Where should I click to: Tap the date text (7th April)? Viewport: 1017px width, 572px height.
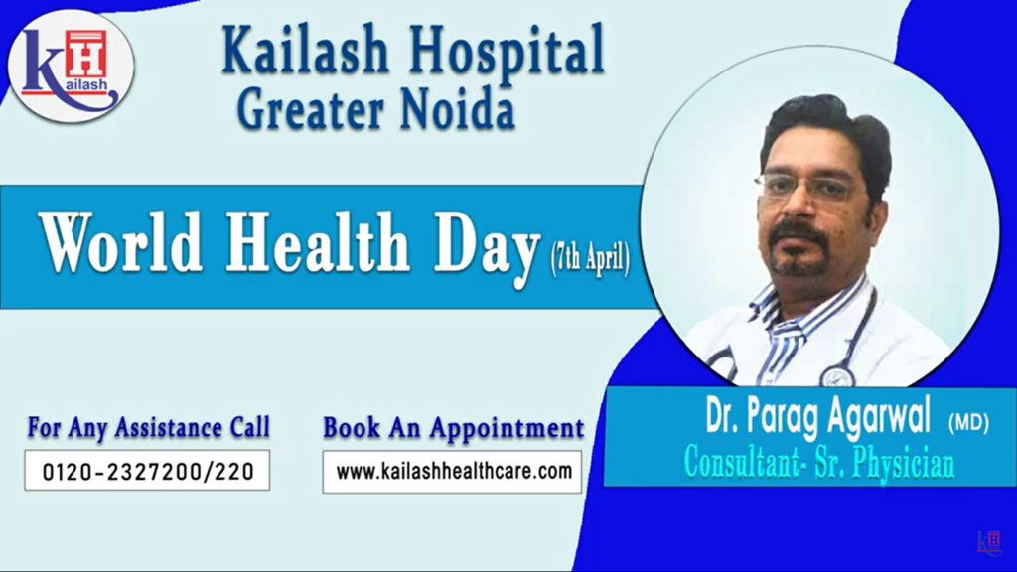(589, 263)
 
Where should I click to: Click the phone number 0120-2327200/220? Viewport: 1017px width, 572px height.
(146, 471)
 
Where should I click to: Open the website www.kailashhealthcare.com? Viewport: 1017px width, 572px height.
(453, 471)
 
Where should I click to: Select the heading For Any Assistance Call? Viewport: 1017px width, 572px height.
(148, 428)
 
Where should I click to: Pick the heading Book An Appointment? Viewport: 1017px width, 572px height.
(453, 428)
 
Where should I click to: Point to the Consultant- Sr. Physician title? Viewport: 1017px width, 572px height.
(818, 463)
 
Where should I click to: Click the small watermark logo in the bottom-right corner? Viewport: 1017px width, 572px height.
(989, 541)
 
